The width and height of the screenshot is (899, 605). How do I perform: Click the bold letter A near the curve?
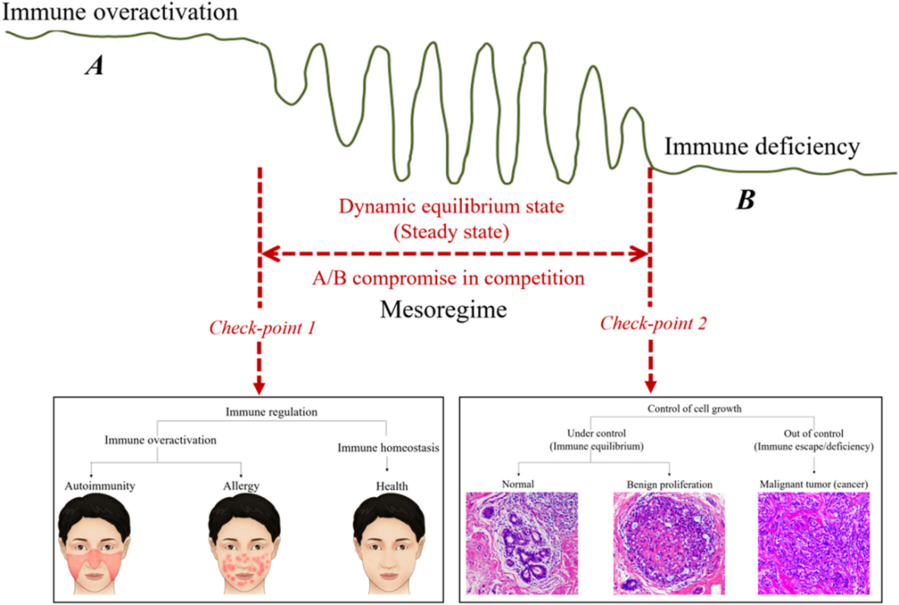[x=95, y=67]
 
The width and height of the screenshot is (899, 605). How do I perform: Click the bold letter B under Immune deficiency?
[x=745, y=200]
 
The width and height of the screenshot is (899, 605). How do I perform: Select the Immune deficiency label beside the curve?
[x=761, y=148]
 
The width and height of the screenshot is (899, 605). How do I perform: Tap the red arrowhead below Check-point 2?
[x=650, y=386]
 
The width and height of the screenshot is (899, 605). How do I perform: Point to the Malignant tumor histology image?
[x=814, y=542]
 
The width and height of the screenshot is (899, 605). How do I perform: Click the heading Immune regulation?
[x=260, y=412]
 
